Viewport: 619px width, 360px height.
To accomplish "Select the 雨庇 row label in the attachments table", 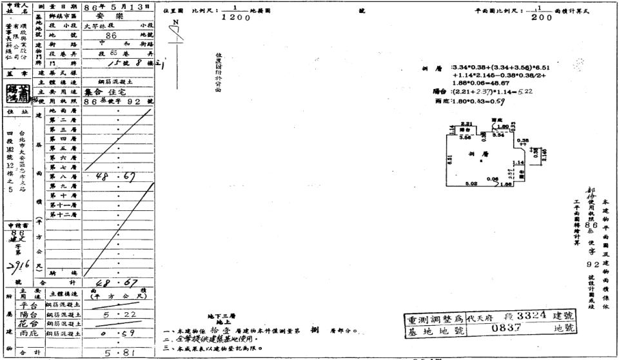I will coord(28,334).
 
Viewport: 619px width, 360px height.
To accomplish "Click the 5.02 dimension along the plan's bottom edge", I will coord(473,184).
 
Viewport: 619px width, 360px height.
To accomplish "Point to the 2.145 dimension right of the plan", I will coord(545,154).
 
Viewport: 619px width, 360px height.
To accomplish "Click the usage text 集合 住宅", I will coord(117,92).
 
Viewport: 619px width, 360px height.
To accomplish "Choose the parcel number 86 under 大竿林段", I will coord(112,36).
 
